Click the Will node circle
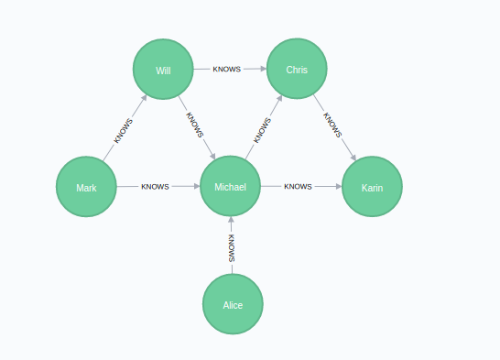(163, 70)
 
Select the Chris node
(297, 70)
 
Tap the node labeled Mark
(86, 187)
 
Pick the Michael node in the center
(230, 187)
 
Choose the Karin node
(372, 187)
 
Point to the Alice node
(233, 304)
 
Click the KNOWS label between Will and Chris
(226, 70)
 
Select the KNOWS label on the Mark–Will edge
(124, 130)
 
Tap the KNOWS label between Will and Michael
(195, 125)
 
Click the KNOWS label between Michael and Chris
(262, 129)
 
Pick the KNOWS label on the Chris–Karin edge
(332, 125)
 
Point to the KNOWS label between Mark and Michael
(155, 187)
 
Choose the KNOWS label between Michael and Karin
(299, 187)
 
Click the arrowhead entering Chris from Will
(262, 70)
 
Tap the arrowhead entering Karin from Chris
(353, 158)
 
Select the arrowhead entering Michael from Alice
(232, 222)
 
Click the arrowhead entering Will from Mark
(144, 99)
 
